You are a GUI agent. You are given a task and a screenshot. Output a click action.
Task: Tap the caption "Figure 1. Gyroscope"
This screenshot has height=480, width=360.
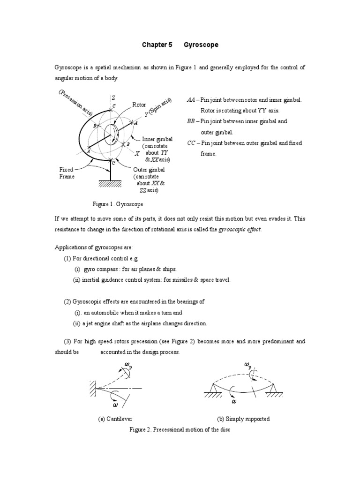tap(118, 204)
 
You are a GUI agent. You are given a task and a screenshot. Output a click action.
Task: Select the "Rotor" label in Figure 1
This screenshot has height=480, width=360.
tap(139, 105)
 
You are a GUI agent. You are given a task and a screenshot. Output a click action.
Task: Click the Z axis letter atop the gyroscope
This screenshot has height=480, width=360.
tap(113, 97)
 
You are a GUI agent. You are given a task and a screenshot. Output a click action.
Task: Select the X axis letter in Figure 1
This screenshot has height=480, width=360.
tap(137, 153)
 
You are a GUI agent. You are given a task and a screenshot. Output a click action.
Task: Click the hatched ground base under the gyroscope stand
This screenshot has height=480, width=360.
tap(111, 185)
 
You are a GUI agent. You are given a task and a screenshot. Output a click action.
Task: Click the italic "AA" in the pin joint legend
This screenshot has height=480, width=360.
tap(191, 100)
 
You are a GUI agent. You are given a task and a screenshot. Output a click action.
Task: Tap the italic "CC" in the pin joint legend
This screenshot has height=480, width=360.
tap(191, 142)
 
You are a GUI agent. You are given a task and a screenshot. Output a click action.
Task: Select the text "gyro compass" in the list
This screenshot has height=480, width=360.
tap(99, 269)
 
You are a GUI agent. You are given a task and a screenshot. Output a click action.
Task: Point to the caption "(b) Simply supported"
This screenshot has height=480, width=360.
tap(243, 419)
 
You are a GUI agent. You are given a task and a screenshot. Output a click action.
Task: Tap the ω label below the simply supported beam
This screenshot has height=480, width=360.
tap(234, 401)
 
